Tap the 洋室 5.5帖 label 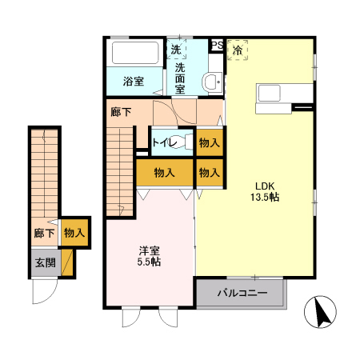pos(148,255)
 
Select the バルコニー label pos(242,294)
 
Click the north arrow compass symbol pos(322,312)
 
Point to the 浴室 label pos(133,81)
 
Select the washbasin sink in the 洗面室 pos(211,82)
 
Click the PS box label pos(217,45)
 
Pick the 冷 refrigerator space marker pos(238,50)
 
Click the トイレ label pos(164,142)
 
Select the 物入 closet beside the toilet pos(210,142)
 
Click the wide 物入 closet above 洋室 pos(165,171)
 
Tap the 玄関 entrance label pos(43,262)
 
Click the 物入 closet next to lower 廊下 pos(74,233)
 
